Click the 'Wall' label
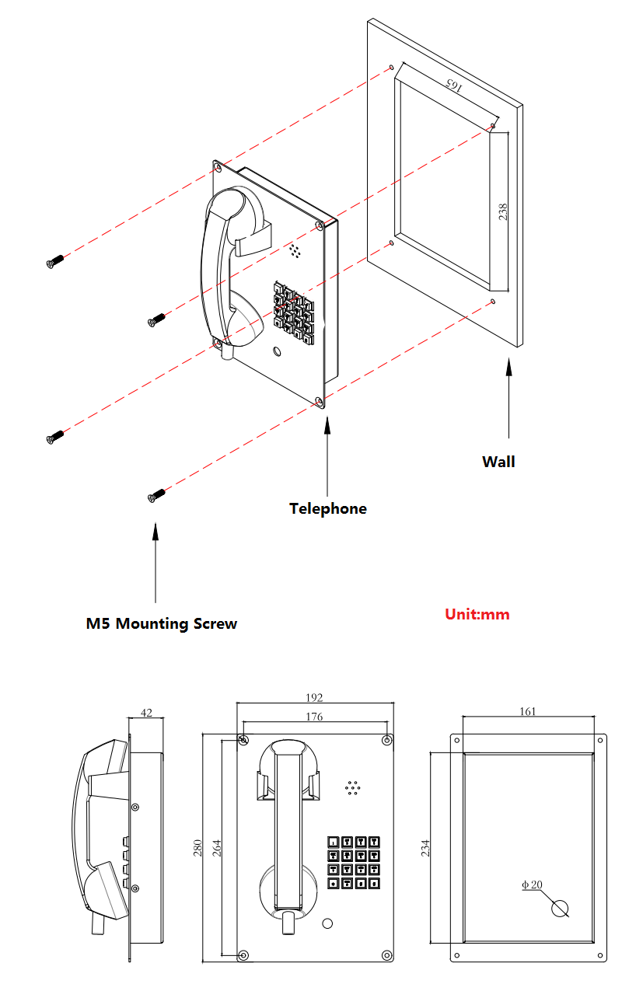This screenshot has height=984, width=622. [498, 462]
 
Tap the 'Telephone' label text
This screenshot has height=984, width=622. [327, 509]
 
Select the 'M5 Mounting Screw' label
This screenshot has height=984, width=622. [162, 623]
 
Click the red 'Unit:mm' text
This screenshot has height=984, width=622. [477, 614]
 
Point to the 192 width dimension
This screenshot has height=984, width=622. [314, 698]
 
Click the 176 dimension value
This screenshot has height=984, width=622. [314, 717]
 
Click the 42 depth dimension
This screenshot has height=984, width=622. [146, 712]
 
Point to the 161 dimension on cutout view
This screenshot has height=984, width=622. [527, 710]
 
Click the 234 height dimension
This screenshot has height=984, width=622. [425, 847]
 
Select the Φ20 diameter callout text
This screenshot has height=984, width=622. [532, 885]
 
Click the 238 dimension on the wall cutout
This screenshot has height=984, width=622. [503, 211]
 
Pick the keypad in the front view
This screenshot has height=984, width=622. [354, 862]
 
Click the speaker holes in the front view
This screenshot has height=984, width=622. [353, 788]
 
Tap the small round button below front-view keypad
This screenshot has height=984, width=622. [327, 923]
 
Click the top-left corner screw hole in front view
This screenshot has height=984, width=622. [244, 739]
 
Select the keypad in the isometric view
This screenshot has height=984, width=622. [293, 309]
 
